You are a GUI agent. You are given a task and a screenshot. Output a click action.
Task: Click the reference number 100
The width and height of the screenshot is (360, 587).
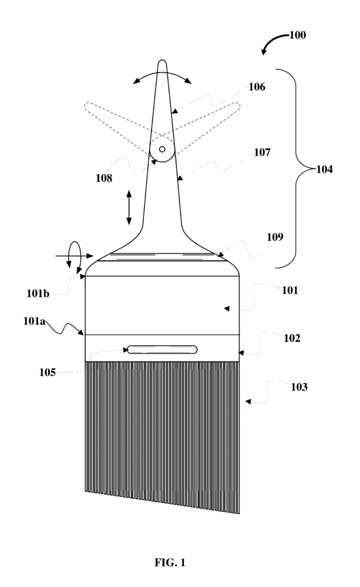297,35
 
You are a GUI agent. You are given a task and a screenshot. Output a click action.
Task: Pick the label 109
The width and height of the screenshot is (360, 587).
275,236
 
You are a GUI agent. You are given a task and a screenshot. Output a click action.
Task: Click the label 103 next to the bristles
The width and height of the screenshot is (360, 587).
299,387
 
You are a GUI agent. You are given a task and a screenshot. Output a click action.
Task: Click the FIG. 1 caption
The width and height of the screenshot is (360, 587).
170,563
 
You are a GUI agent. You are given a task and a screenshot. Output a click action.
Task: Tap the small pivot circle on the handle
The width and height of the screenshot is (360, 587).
162,149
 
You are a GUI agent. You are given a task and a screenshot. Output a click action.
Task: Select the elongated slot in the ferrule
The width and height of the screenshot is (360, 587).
162,349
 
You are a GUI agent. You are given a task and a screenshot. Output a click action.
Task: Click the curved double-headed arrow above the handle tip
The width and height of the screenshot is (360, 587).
163,76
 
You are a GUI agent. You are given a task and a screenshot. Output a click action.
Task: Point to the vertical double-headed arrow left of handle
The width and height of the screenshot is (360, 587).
129,208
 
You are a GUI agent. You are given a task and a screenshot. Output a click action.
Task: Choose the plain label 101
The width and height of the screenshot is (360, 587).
290,290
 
